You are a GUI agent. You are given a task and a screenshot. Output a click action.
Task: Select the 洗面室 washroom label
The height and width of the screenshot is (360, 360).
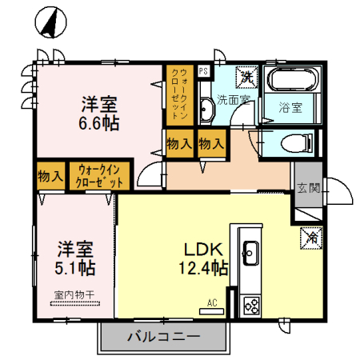pos(234,100)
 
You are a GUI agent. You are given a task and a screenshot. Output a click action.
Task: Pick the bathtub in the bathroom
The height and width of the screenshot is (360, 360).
pos(293,81)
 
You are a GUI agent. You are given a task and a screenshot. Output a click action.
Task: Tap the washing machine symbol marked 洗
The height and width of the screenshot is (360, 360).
pos(247,78)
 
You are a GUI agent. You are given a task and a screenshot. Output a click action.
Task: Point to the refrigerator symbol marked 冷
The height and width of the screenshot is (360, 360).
pos(310,237)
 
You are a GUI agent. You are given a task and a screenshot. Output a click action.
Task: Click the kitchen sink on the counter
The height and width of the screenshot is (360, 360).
pos(250,254)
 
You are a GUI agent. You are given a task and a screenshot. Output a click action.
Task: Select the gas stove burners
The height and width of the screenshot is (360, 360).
pos(251,305)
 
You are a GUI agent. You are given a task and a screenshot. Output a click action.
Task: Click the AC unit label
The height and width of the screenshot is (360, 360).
pos(213,302)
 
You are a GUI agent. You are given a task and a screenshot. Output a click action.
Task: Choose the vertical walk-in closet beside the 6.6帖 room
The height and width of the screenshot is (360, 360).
pos(180,94)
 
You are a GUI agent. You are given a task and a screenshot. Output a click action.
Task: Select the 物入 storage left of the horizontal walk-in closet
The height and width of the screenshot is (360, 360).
pos(52,176)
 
